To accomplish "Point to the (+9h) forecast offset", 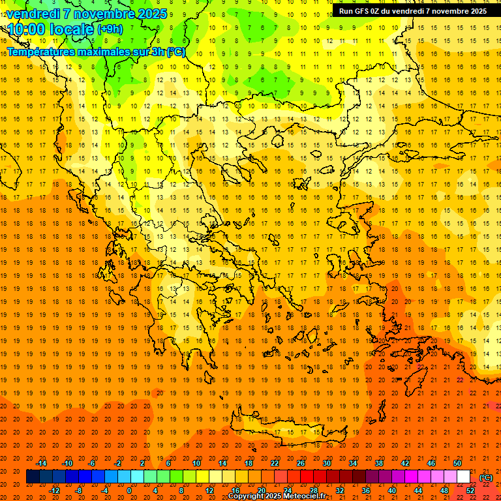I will tap(109, 29).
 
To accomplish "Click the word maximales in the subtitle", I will tap(98, 52).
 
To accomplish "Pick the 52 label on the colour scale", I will tap(470, 490).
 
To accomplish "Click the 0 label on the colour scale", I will tap(129, 490).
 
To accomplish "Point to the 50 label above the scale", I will tap(457, 463).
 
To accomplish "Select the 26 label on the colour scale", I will tap(301, 463).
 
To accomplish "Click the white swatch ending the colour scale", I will tap(463, 477).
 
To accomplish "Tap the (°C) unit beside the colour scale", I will tap(486, 478).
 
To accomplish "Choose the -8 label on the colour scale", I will tap(78, 490).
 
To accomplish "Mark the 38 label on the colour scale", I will tap(379, 463).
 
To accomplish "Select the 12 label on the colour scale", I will tap(209, 490).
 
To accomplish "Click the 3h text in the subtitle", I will tap(157, 52).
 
